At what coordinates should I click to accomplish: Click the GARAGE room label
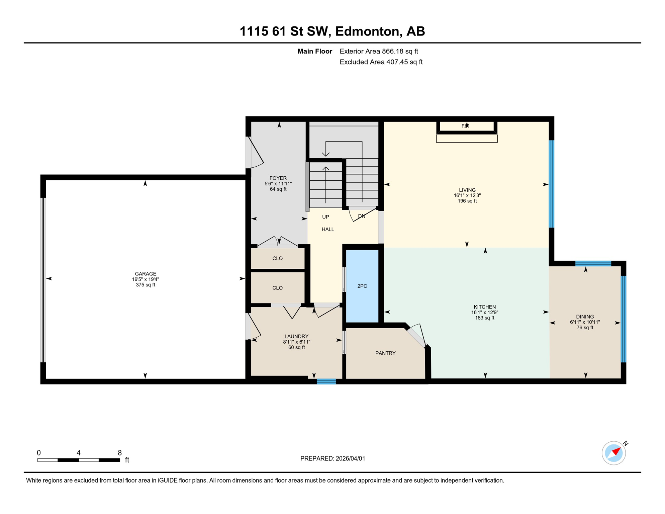click(146, 274)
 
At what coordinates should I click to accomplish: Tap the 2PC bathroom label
click(362, 286)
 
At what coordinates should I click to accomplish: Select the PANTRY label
click(385, 353)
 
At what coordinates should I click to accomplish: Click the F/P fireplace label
click(465, 126)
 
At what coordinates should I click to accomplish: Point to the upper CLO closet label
click(277, 258)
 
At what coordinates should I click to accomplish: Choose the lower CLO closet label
click(277, 288)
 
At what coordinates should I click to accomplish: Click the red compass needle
click(616, 451)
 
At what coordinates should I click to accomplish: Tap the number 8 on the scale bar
click(119, 453)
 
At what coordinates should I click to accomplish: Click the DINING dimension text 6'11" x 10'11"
click(585, 322)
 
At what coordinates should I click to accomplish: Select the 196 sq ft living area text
click(467, 201)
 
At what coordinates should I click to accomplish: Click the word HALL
click(328, 229)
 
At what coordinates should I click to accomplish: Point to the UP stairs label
click(325, 217)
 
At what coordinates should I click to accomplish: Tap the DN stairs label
click(362, 216)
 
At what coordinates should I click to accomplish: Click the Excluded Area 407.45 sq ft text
click(381, 62)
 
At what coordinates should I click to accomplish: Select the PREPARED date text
click(332, 458)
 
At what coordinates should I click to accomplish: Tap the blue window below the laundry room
click(326, 381)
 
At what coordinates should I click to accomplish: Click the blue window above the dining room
click(593, 263)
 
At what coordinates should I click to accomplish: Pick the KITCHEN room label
click(484, 307)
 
